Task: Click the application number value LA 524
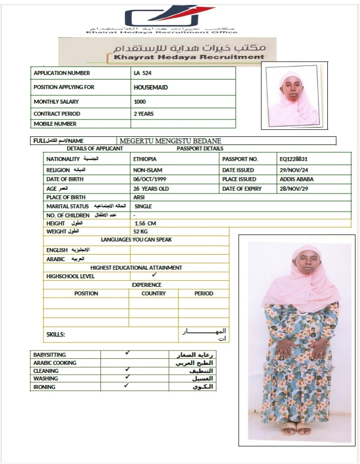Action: (x=142, y=73)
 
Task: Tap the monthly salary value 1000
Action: (x=140, y=101)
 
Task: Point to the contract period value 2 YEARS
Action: (x=143, y=114)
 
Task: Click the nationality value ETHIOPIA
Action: (x=145, y=159)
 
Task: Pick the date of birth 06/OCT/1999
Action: (x=149, y=179)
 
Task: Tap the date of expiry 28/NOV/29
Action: (x=293, y=189)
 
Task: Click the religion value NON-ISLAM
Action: (x=147, y=170)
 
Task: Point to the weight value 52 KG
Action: (x=141, y=232)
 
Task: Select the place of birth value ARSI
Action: (x=139, y=197)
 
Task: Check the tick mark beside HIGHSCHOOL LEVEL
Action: (x=154, y=276)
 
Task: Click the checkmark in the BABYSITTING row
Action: (x=127, y=353)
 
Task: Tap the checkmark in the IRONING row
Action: (x=127, y=386)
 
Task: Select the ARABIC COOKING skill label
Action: (x=55, y=363)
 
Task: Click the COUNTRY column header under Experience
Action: (x=153, y=293)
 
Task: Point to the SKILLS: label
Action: (x=56, y=334)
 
